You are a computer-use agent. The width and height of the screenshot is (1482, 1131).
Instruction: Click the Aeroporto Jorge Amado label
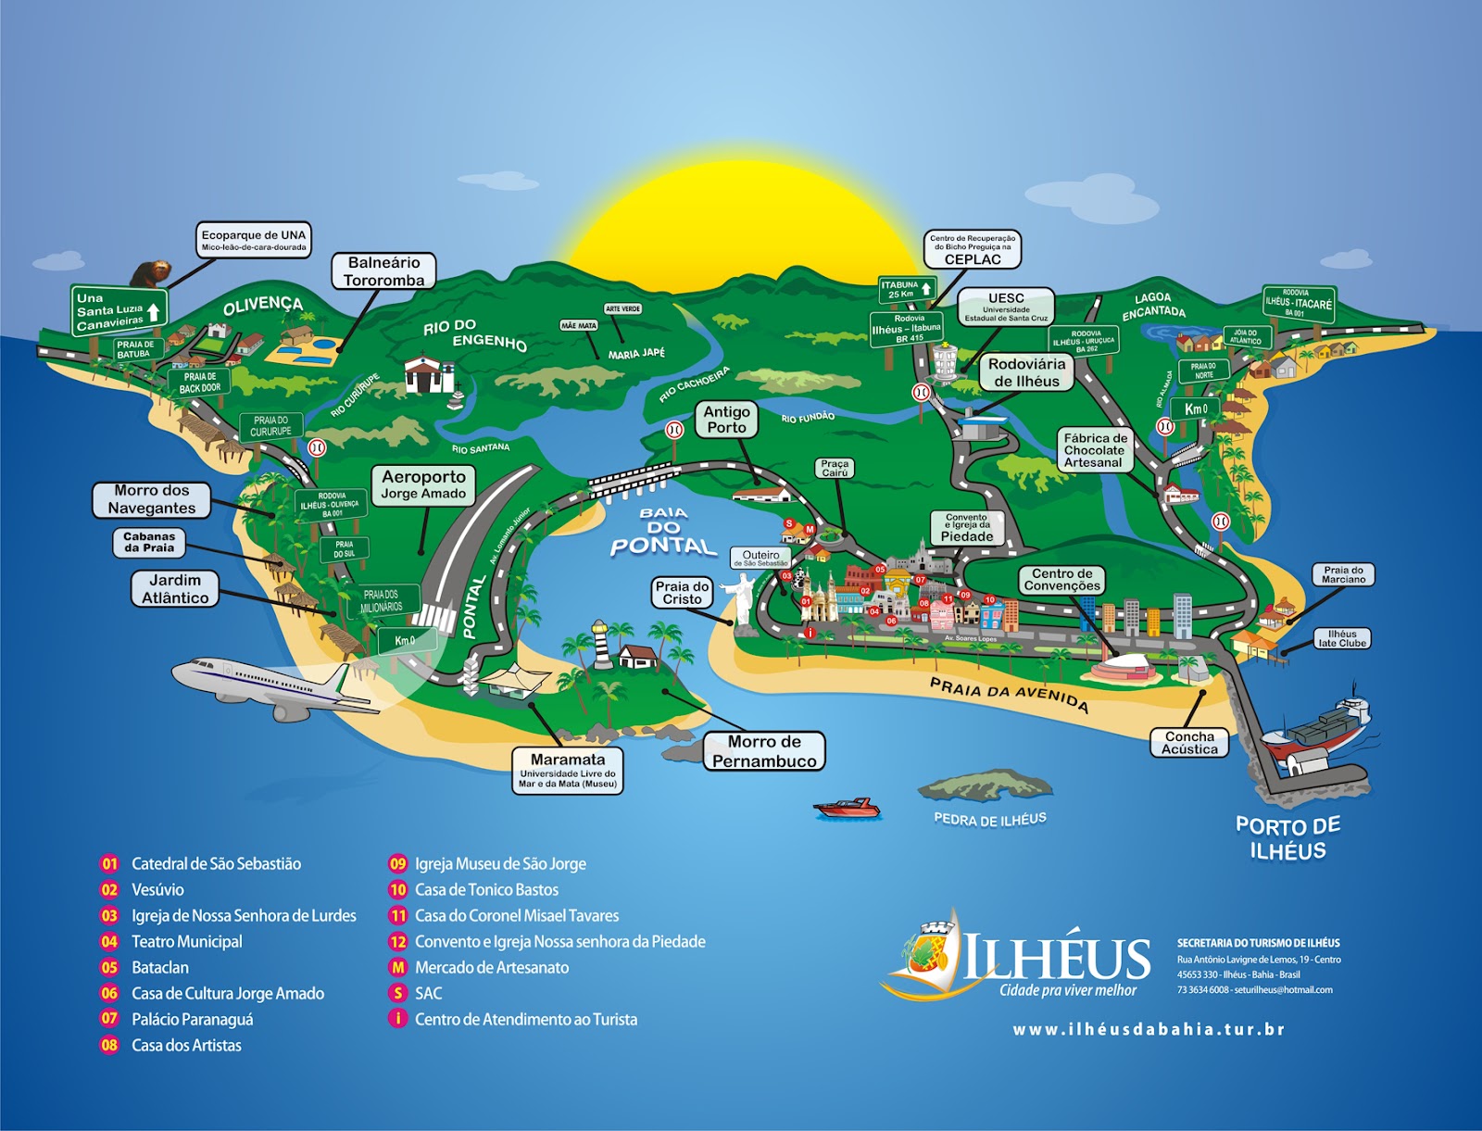pyautogui.click(x=424, y=484)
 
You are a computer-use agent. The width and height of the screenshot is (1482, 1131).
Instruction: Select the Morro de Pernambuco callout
pyautogui.click(x=764, y=751)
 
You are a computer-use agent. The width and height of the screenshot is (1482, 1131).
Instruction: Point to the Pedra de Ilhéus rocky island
pyautogui.click(x=986, y=785)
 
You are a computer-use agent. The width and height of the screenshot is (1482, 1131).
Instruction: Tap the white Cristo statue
pyautogui.click(x=744, y=597)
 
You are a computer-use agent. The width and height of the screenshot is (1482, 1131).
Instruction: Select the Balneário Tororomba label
pyautogui.click(x=383, y=271)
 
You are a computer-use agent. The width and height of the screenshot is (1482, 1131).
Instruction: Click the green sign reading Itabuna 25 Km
pyautogui.click(x=907, y=290)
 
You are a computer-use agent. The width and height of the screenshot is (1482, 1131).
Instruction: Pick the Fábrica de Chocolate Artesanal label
pyautogui.click(x=1095, y=450)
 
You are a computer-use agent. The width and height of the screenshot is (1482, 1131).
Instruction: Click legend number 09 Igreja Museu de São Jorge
pyautogui.click(x=398, y=863)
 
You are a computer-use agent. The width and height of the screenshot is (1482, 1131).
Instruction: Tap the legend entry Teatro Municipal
pyautogui.click(x=186, y=941)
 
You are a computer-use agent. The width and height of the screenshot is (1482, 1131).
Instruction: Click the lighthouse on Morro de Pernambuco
pyautogui.click(x=601, y=645)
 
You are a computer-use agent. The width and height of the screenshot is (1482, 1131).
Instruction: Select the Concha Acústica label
pyautogui.click(x=1189, y=743)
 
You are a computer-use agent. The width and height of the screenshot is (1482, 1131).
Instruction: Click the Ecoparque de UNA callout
pyautogui.click(x=254, y=239)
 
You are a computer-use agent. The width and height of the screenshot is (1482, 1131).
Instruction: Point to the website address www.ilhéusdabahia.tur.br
pyautogui.click(x=1149, y=1029)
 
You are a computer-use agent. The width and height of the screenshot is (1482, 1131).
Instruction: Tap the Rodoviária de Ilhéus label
pyautogui.click(x=1026, y=372)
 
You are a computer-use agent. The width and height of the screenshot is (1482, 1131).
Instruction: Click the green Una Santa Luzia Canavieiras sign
pyautogui.click(x=119, y=310)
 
